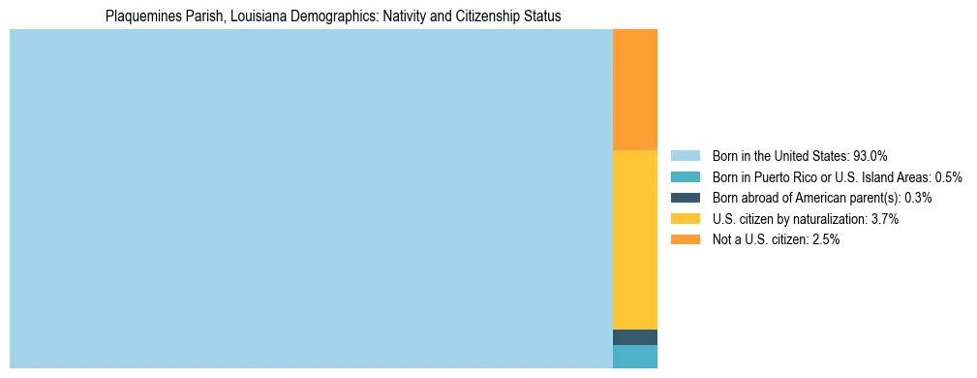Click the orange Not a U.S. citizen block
[635, 89]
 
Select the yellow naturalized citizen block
[635, 239]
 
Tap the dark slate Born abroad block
[635, 337]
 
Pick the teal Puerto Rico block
[635, 357]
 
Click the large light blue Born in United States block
[311, 199]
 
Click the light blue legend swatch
[685, 156]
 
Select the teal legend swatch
[685, 177]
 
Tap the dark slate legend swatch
[685, 198]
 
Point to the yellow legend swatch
[685, 219]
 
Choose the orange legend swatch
[685, 240]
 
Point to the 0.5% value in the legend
[948, 177]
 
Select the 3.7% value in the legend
[884, 219]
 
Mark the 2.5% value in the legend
[825, 240]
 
